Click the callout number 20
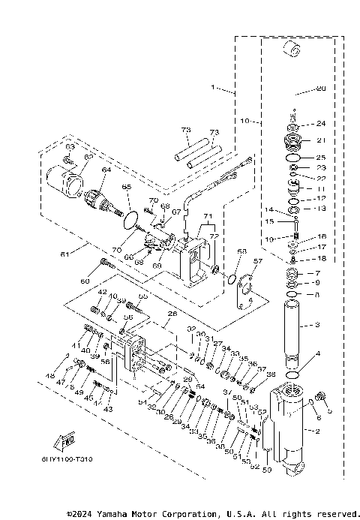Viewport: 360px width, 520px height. [321, 89]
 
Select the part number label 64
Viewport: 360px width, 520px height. [104, 170]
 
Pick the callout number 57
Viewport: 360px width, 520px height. [259, 262]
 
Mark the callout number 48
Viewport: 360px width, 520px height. [51, 376]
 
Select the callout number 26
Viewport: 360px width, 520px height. [172, 314]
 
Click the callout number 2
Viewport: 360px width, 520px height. [318, 431]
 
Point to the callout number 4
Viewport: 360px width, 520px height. [318, 353]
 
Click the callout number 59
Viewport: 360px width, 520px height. [266, 470]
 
